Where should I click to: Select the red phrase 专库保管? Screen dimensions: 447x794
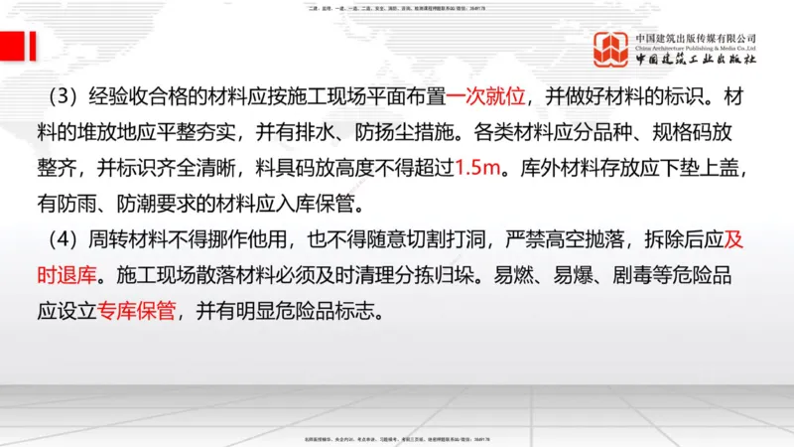(137, 310)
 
